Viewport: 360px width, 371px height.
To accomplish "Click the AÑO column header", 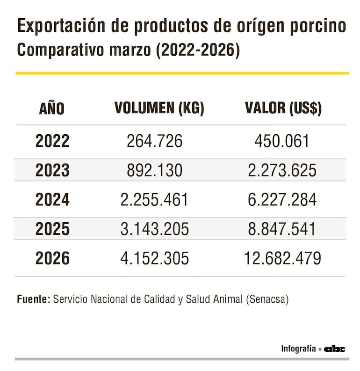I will pos(52,109).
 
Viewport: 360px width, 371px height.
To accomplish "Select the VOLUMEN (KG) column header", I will pos(159,109).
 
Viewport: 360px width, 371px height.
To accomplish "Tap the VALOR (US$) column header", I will pos(283,109).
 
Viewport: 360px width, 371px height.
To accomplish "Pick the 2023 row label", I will pos(52,170).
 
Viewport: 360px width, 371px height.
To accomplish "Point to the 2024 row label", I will pos(52,200).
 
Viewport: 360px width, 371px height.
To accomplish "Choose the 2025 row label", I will pos(52,229).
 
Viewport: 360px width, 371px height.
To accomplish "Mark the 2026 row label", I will pos(52,258).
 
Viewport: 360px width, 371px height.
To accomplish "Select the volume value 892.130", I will pos(155,170).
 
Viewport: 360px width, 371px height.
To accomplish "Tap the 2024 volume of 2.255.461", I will pos(155,200).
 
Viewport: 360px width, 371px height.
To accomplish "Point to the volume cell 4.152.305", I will pos(155,258).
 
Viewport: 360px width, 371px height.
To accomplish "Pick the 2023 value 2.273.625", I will pos(282,170).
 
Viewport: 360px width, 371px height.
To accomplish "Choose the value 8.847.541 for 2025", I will pos(282,229).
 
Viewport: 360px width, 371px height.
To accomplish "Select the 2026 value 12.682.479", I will pos(282,258).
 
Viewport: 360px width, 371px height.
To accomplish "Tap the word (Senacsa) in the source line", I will pos(267,299).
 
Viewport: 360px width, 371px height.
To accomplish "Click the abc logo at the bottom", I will pos(335,349).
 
